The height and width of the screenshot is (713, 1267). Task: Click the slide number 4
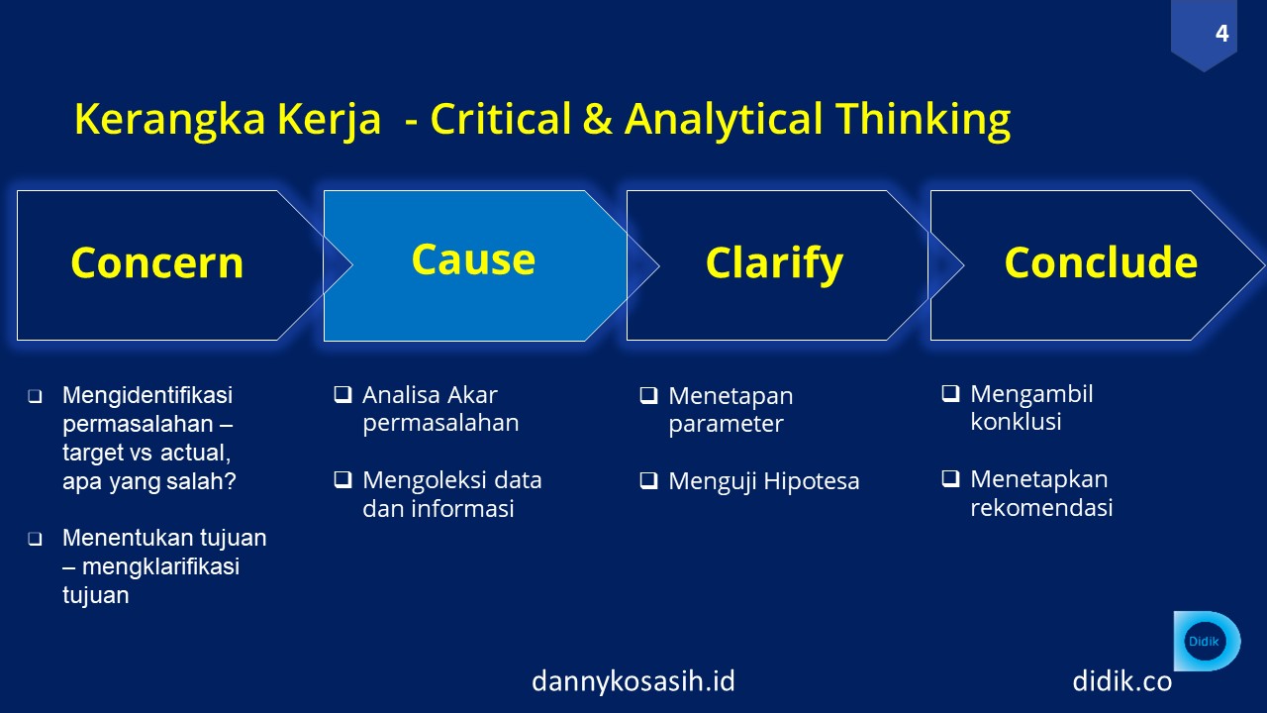tap(1221, 34)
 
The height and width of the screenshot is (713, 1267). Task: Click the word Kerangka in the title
tap(169, 121)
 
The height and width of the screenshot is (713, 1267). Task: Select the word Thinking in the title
tap(924, 121)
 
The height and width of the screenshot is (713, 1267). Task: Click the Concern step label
tap(157, 263)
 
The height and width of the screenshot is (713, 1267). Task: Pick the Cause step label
tap(473, 259)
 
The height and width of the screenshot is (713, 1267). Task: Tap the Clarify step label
tap(774, 264)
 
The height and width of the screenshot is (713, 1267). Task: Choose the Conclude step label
tap(1101, 262)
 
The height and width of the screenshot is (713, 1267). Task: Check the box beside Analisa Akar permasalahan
tap(342, 394)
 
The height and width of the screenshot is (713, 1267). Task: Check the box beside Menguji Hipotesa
tap(648, 480)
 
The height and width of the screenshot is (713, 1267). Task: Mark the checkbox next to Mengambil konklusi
tap(951, 393)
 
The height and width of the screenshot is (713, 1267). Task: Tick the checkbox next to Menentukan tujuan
tap(35, 538)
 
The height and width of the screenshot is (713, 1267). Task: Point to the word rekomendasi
tap(1041, 507)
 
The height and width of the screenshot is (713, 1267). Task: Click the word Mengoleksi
tap(424, 481)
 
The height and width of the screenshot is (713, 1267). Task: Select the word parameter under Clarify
tap(726, 424)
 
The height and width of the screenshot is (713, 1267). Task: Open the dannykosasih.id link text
tap(633, 680)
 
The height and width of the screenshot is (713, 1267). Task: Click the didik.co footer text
tap(1122, 680)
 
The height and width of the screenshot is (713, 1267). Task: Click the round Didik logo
tap(1204, 641)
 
